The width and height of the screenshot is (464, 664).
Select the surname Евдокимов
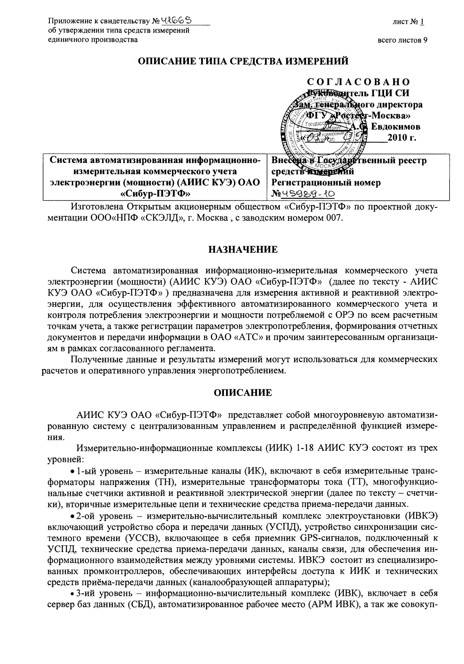point(396,126)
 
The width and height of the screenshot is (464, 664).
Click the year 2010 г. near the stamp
point(404,137)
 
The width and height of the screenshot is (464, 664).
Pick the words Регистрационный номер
point(326,183)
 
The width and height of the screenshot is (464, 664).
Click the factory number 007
point(336,218)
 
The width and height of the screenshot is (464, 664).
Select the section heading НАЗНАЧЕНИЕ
point(243,250)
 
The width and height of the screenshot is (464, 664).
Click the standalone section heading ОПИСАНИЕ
point(243,393)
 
